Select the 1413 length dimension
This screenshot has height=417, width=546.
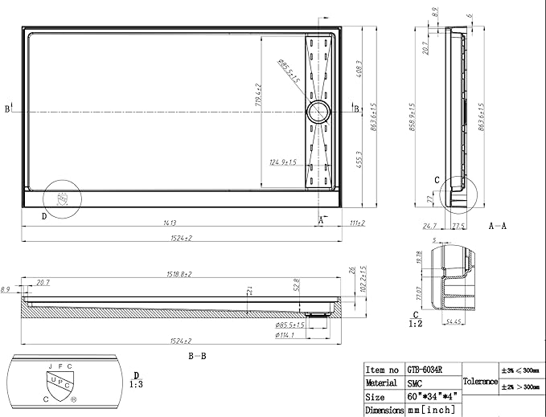coord(170,223)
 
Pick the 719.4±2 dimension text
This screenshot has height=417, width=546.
coord(258,95)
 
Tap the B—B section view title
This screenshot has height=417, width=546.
coord(198,354)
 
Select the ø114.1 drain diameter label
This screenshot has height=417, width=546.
coord(285,336)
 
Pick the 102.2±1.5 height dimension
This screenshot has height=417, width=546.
coord(363,278)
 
